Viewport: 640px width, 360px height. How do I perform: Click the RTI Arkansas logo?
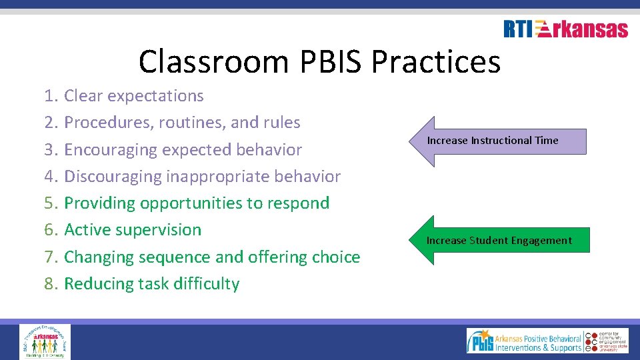(565, 29)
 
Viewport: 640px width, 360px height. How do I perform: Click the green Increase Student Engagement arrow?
(499, 240)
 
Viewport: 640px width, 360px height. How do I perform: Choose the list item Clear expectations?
(133, 96)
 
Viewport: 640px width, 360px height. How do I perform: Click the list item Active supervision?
(132, 230)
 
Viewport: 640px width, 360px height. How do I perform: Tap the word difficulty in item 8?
(206, 284)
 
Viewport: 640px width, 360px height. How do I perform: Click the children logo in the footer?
(45, 341)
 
